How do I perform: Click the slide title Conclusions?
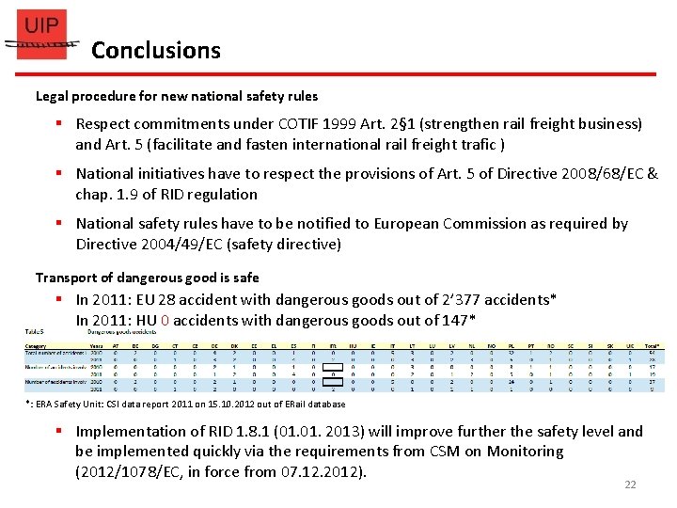156,51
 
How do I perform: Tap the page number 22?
630,484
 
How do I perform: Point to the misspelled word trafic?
474,145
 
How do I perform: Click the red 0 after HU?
165,321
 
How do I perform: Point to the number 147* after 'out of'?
459,321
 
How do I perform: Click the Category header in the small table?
37,346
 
